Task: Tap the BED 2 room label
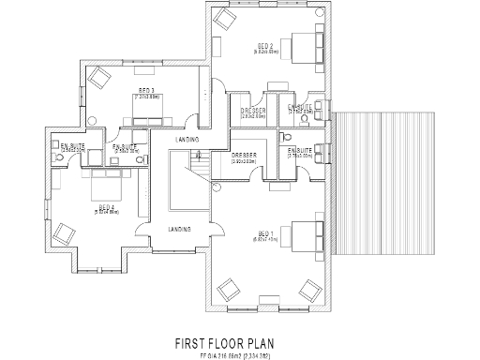[x=265, y=46]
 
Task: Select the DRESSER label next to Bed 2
[x=253, y=112]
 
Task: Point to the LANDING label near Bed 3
[x=185, y=141]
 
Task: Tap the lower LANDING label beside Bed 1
[x=180, y=228]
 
